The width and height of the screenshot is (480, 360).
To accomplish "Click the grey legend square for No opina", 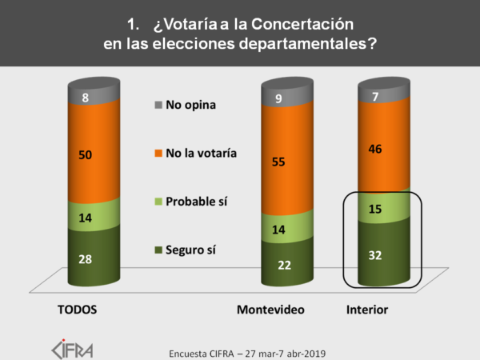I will [x=158, y=105].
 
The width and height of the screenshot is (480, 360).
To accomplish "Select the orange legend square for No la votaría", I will [x=158, y=152].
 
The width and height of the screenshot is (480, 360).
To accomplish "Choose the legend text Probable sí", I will [x=195, y=201].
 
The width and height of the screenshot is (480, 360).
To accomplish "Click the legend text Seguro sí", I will [x=190, y=250].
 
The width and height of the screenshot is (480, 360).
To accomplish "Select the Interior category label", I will [x=369, y=309].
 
